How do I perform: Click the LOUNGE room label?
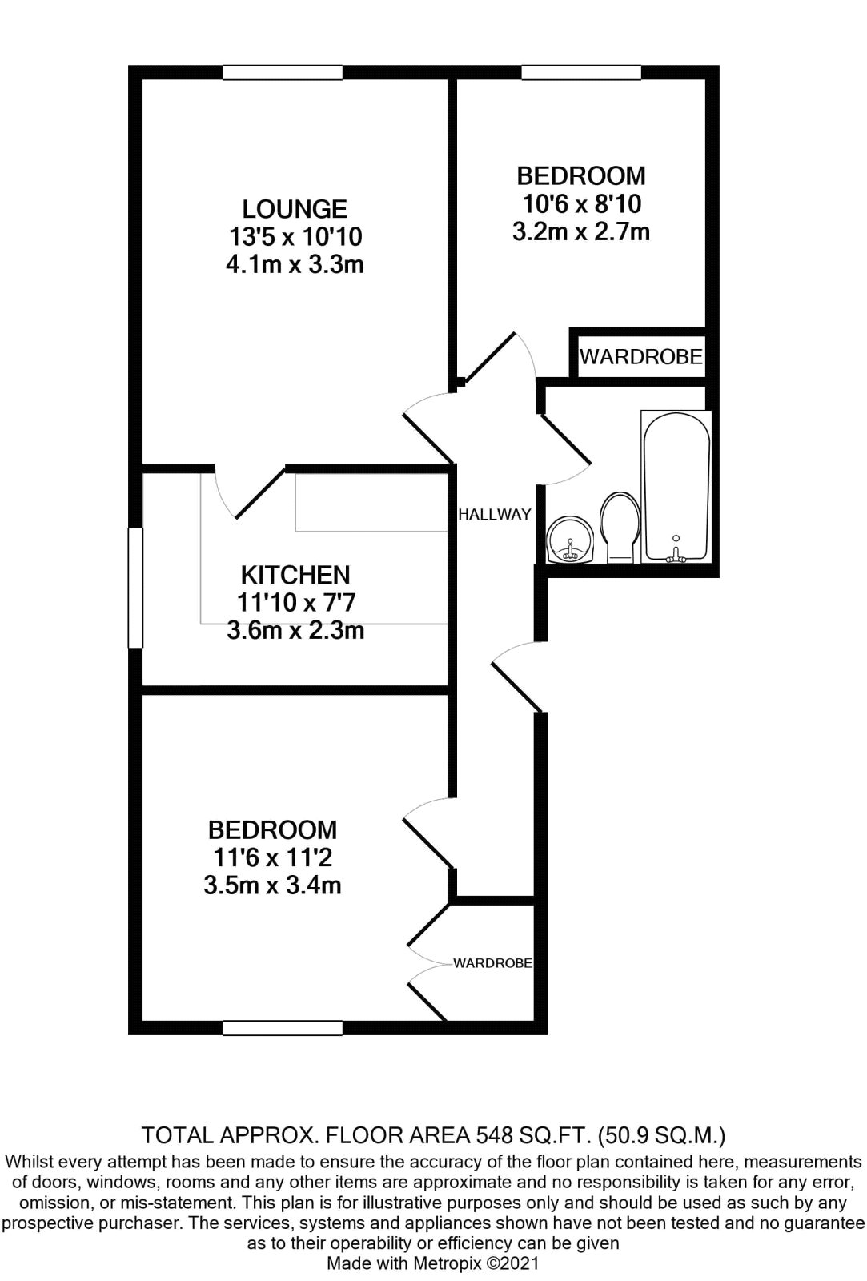click(295, 209)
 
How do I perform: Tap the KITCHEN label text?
click(295, 575)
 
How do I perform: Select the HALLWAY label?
click(495, 514)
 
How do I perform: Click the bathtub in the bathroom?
click(676, 486)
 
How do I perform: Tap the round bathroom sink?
click(570, 540)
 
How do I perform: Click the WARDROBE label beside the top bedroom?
click(640, 357)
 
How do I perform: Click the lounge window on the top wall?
click(283, 73)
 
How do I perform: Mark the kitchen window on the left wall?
click(135, 588)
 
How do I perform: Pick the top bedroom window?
click(581, 73)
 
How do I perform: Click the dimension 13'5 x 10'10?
click(295, 237)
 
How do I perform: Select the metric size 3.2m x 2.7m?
click(581, 231)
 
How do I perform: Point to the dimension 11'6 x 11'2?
click(272, 857)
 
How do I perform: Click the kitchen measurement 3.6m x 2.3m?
click(295, 631)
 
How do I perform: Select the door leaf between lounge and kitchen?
click(260, 493)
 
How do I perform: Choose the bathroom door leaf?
click(565, 440)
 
